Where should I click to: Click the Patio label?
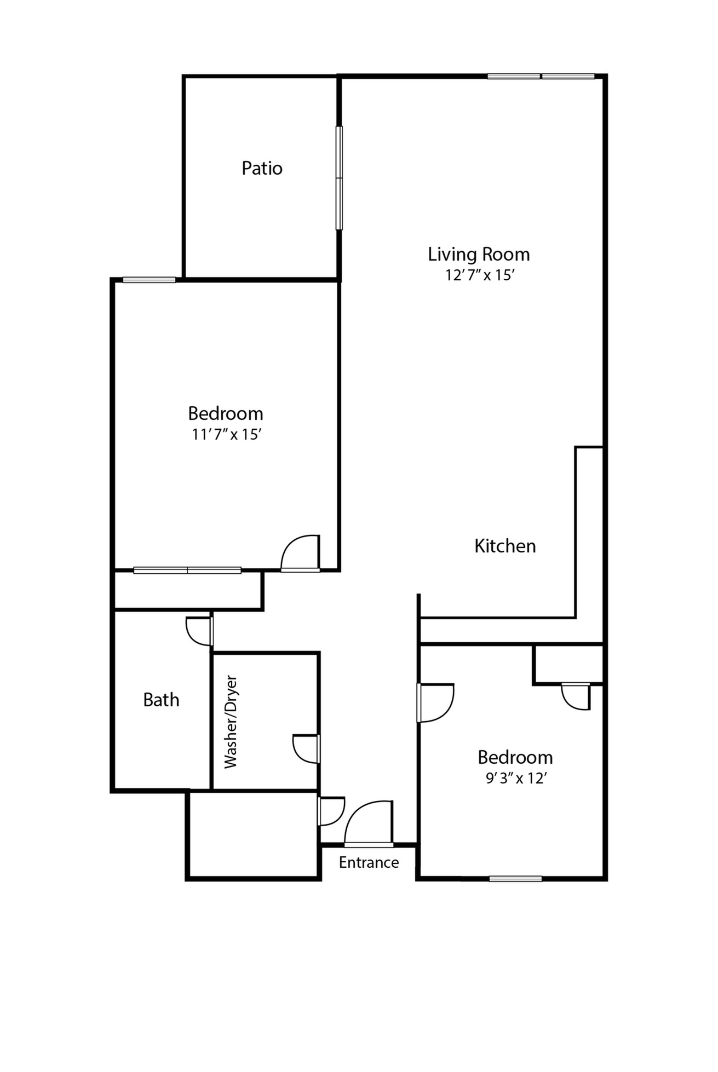click(x=262, y=168)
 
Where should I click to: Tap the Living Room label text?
click(x=479, y=255)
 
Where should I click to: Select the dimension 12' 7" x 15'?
click(x=479, y=275)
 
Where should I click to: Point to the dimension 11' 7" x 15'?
click(x=226, y=434)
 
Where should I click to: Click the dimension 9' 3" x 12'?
click(x=515, y=778)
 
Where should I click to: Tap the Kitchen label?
click(x=504, y=546)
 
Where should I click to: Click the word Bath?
click(x=161, y=700)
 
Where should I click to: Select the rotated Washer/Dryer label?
click(x=231, y=722)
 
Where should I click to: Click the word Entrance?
click(x=369, y=862)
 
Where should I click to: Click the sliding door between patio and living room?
click(x=339, y=178)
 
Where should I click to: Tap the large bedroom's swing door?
click(x=301, y=554)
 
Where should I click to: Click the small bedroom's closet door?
click(x=576, y=696)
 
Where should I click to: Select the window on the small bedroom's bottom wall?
click(x=515, y=879)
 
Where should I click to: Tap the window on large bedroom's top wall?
click(x=149, y=280)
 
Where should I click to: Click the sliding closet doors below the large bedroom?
click(x=187, y=570)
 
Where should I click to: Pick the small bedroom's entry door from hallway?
click(x=435, y=702)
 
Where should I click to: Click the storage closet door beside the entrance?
click(x=330, y=811)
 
